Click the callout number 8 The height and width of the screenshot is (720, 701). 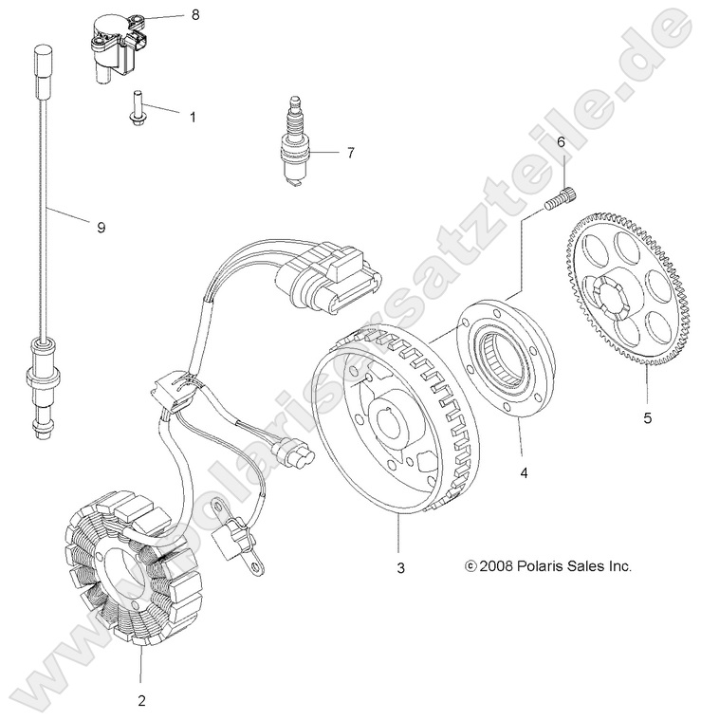tap(194, 15)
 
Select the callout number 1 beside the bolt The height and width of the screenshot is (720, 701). tap(193, 118)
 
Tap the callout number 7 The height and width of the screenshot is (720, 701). tap(350, 152)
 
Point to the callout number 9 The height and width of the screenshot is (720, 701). tap(100, 226)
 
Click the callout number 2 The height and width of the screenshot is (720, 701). tap(141, 701)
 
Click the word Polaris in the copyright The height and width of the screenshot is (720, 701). tap(537, 566)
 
